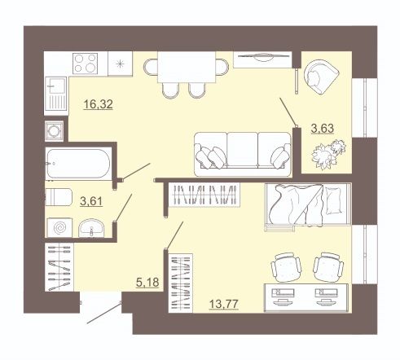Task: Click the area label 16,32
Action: [x=98, y=104]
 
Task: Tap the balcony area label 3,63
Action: [x=323, y=128]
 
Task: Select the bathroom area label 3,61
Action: [x=91, y=201]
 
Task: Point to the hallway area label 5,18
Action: [x=147, y=283]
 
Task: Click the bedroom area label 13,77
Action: [x=223, y=304]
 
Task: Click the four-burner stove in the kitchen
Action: [x=86, y=64]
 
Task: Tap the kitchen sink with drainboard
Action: [x=56, y=94]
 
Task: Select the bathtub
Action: [x=78, y=164]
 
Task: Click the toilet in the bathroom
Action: [x=59, y=197]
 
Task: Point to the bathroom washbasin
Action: [x=91, y=228]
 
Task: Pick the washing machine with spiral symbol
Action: [x=59, y=227]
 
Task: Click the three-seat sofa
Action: [x=243, y=154]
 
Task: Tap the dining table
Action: [x=187, y=67]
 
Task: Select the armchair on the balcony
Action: [x=322, y=77]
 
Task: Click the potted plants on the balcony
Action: [x=328, y=154]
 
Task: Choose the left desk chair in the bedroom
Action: [x=287, y=267]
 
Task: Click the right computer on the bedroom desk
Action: [x=326, y=296]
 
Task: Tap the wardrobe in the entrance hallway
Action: [x=59, y=267]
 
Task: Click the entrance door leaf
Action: [x=104, y=314]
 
